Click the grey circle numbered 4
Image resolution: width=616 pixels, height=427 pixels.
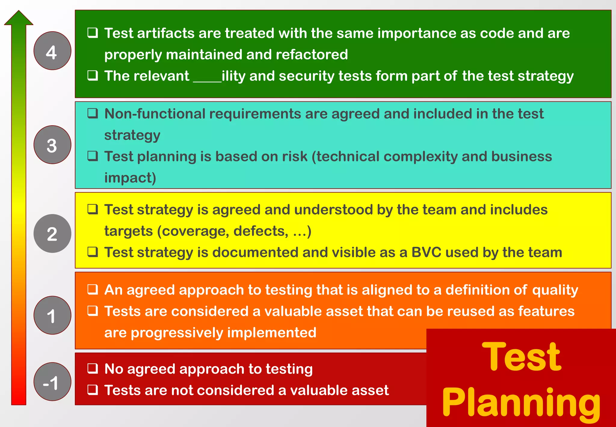[52, 51]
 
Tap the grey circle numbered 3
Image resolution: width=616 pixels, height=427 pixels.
[52, 145]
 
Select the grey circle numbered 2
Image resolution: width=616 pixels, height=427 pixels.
[52, 234]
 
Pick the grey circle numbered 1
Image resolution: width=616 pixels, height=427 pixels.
[52, 315]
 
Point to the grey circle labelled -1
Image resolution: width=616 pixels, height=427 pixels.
[52, 382]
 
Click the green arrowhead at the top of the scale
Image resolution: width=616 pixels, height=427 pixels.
[19, 18]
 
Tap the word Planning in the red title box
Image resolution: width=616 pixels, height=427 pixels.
[521, 402]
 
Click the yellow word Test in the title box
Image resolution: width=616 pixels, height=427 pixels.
[521, 357]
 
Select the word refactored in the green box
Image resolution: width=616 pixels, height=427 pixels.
[312, 55]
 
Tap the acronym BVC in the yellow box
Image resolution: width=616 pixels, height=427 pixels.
[426, 252]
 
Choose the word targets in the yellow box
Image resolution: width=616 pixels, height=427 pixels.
[128, 231]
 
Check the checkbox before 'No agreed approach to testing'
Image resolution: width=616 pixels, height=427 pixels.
[93, 368]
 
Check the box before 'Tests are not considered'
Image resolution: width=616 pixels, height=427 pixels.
[93, 390]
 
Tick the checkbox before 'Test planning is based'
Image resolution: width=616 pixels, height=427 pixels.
[93, 156]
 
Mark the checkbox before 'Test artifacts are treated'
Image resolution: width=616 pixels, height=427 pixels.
[93, 33]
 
